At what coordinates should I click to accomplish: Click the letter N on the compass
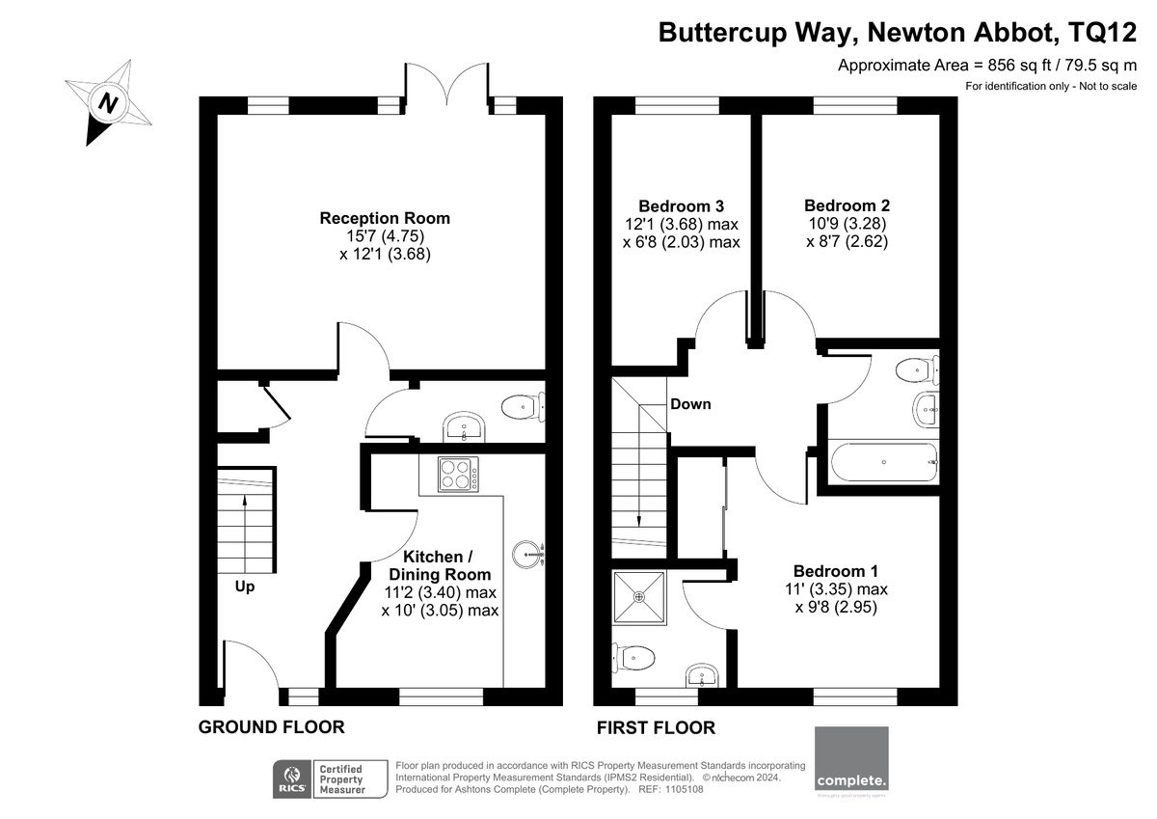pos(108,103)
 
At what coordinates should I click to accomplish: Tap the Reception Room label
pos(385,218)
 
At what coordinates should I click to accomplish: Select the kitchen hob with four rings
pos(458,474)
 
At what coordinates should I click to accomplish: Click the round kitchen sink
pos(528,555)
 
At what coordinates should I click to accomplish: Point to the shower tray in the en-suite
pos(639,597)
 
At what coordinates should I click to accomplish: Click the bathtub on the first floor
pos(884,462)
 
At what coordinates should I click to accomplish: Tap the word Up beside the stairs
pos(245,587)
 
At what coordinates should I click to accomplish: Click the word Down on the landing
pos(690,404)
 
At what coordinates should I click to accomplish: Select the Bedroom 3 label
pos(682,206)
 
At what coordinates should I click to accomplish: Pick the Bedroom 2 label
pos(848,205)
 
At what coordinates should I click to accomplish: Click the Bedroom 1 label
pos(836,571)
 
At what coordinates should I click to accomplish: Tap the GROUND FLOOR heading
pos(272,727)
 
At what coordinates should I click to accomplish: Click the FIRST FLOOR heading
pos(656,727)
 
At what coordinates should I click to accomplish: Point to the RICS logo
pos(292,778)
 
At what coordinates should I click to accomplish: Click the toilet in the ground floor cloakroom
pos(523,407)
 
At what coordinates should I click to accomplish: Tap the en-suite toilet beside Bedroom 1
pos(633,658)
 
